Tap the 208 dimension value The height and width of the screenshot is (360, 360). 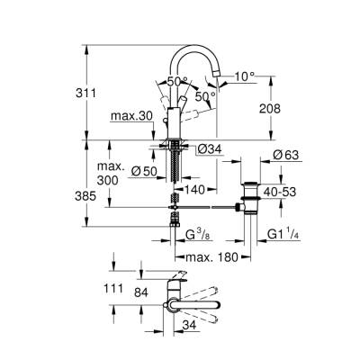coord(281,107)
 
